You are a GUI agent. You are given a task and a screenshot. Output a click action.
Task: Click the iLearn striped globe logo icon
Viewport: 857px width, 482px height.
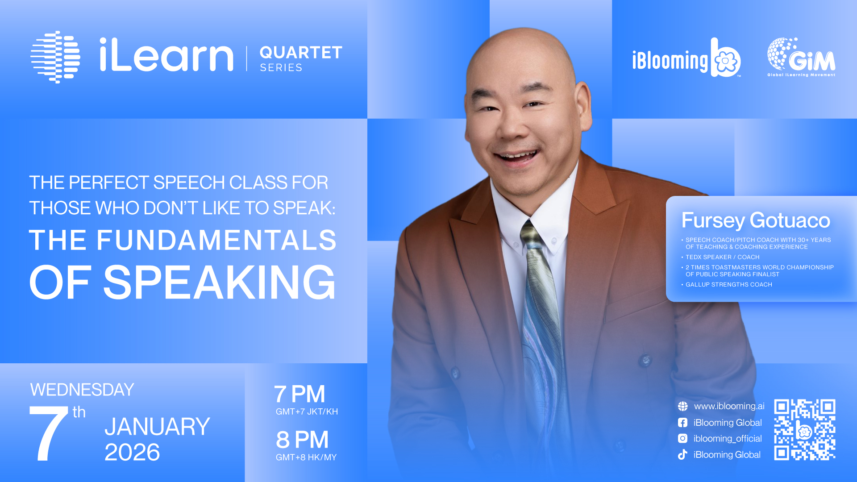pos(55,57)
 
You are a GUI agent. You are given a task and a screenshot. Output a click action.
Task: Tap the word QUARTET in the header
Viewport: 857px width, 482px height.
pos(301,53)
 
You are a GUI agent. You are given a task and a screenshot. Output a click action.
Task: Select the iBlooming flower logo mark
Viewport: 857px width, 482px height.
pos(726,58)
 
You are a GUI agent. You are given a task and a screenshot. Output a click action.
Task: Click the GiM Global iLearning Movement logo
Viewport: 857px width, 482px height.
pos(801,57)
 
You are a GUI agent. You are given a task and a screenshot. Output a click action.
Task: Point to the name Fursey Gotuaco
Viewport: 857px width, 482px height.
pos(756,220)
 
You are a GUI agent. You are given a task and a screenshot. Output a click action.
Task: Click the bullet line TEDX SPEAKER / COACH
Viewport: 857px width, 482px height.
pos(722,257)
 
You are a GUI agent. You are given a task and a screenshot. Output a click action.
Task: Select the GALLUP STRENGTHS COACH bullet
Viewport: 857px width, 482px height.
pos(728,284)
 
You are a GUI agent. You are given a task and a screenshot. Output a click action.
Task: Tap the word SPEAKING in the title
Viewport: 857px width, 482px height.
pos(219,282)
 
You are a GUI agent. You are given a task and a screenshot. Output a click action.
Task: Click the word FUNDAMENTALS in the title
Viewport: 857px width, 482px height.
pos(216,240)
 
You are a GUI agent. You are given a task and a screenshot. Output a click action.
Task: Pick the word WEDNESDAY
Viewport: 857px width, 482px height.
pos(82,390)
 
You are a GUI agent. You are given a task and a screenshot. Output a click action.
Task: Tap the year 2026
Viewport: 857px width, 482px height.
pos(132,452)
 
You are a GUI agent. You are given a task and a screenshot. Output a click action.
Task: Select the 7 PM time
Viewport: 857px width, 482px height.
pos(300,394)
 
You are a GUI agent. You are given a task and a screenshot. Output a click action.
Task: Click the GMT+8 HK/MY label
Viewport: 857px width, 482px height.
pos(306,457)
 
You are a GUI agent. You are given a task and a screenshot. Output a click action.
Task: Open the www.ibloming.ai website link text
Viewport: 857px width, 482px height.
pos(729,406)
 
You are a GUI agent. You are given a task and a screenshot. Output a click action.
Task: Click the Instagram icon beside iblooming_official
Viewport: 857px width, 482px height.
pos(682,438)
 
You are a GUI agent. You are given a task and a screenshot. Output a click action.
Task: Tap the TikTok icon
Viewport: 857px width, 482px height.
pos(682,454)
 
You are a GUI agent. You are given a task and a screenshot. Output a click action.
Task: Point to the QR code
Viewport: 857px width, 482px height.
pos(805,429)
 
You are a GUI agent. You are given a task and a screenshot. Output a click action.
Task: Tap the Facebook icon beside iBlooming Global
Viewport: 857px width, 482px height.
pos(682,422)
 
